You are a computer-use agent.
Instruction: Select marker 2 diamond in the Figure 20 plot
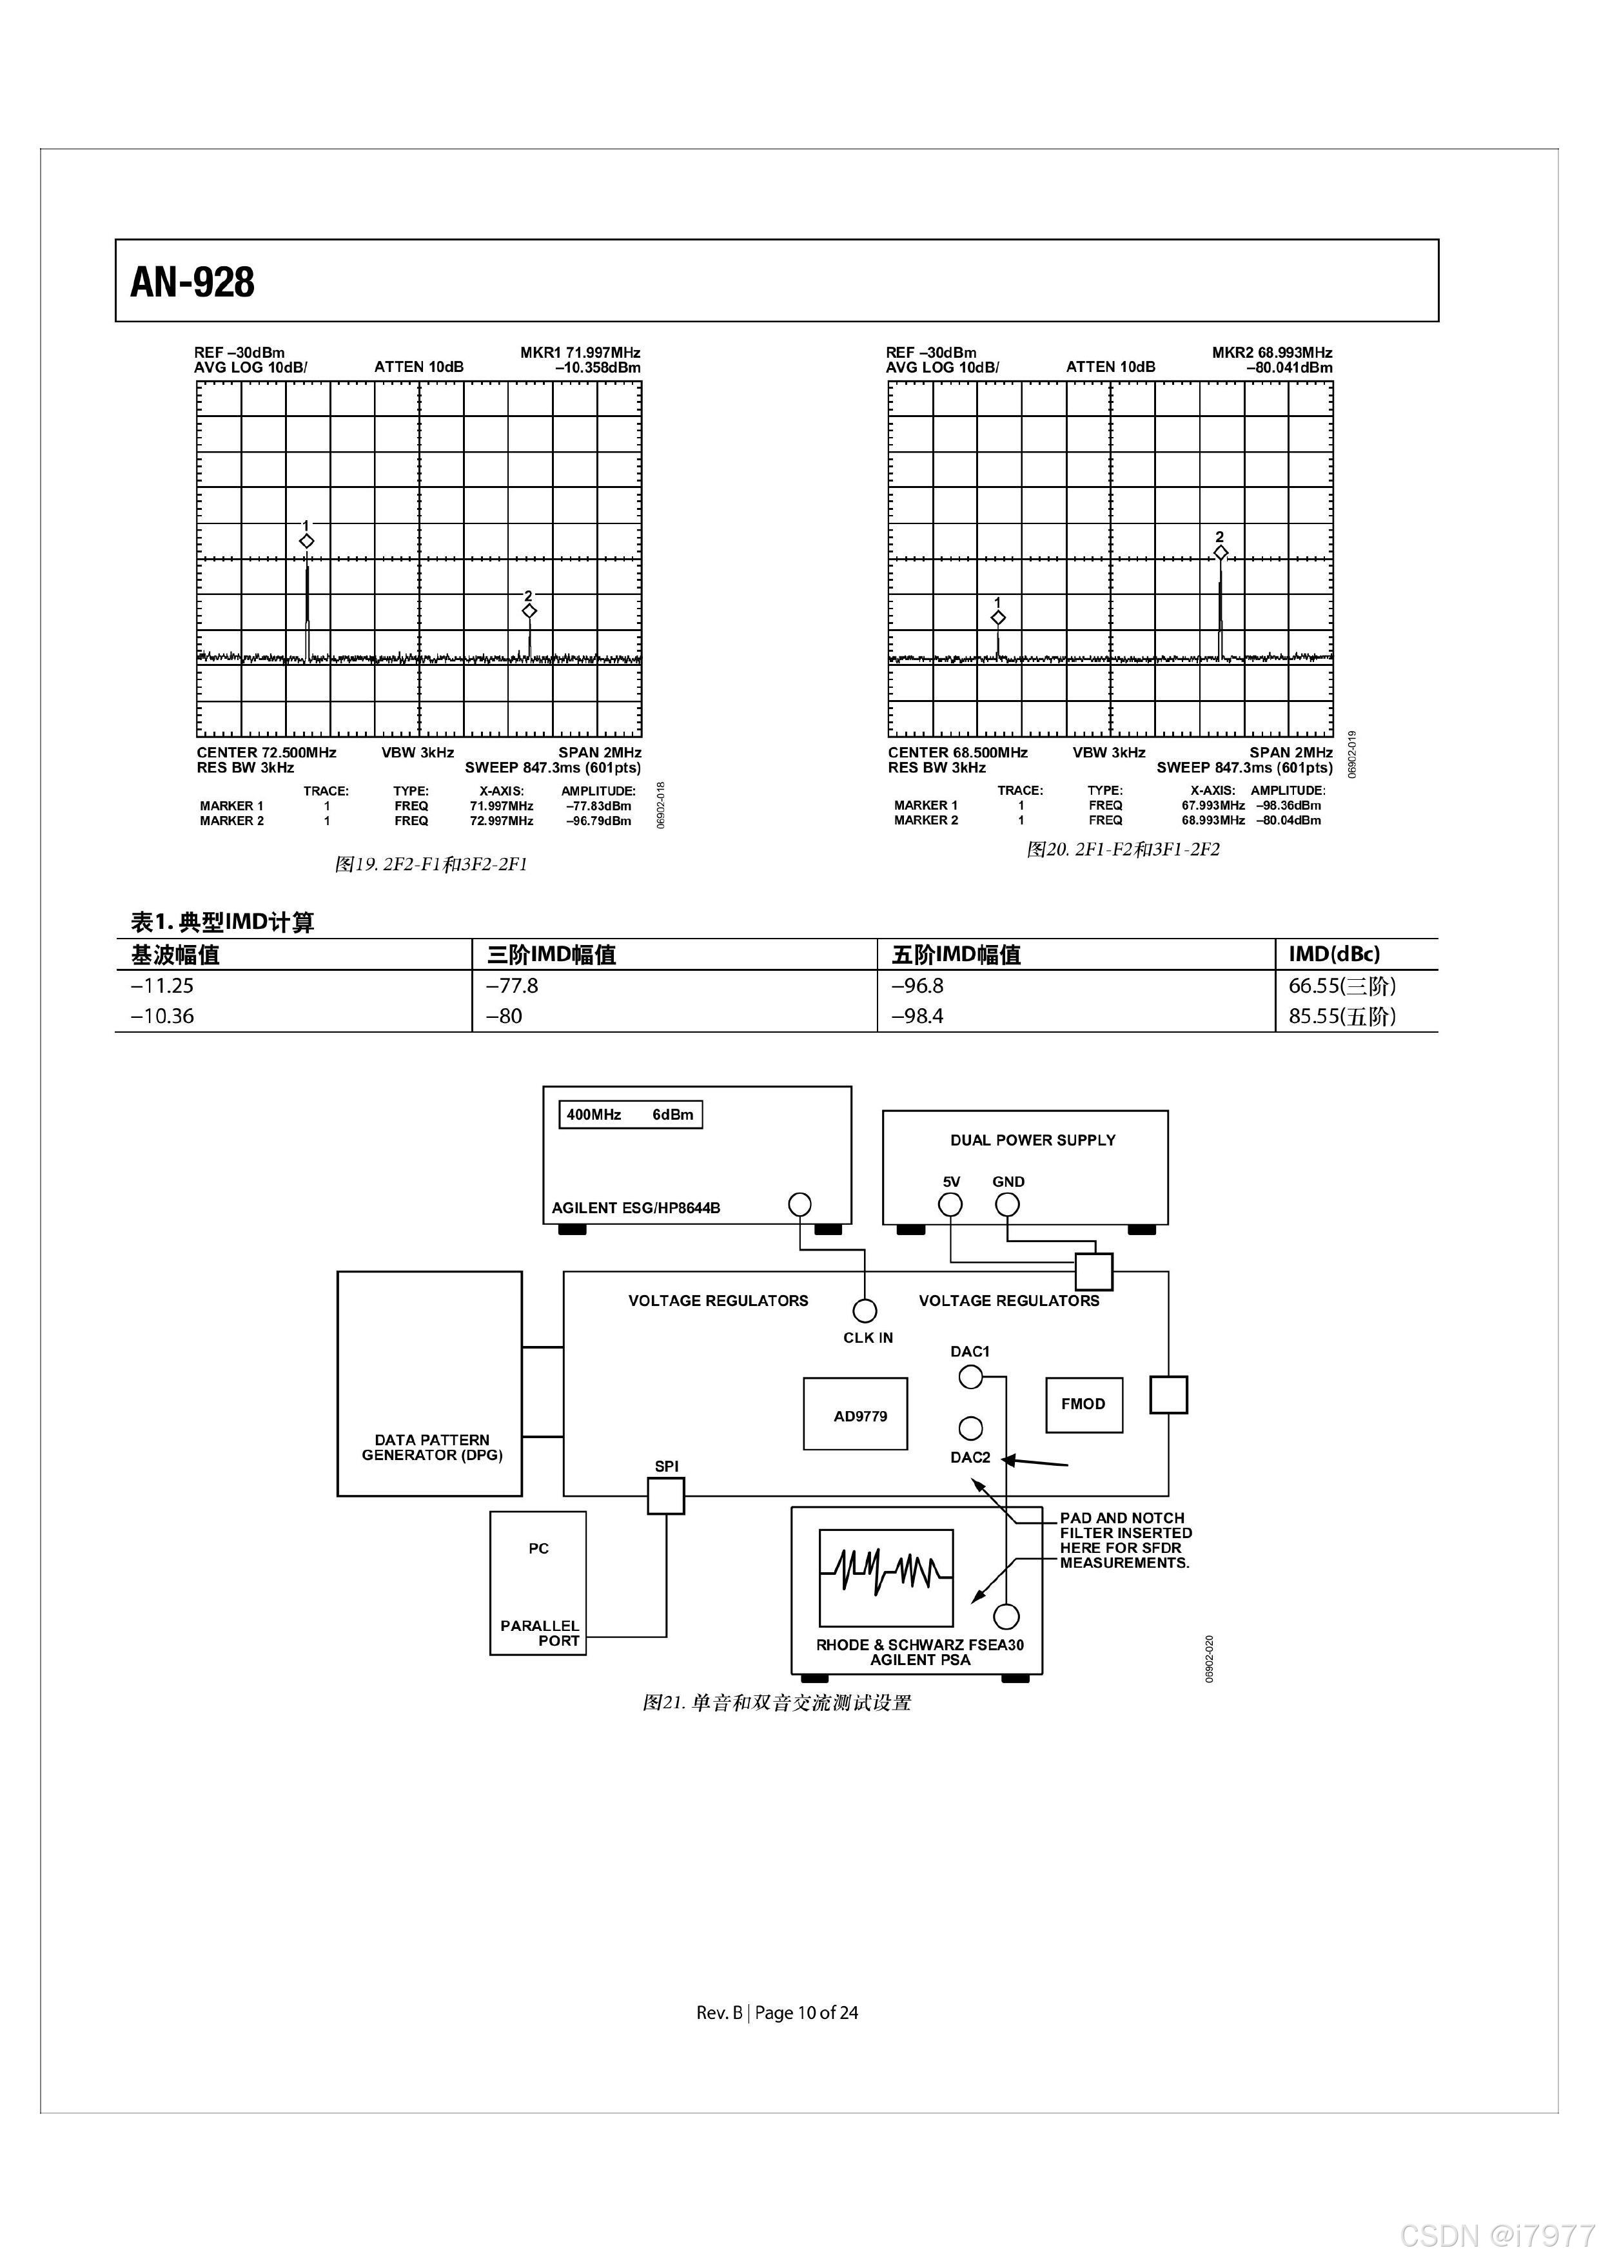pos(1221,552)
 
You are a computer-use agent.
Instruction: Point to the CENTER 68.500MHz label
pos(957,753)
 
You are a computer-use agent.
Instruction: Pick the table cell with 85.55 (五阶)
pos(1342,1017)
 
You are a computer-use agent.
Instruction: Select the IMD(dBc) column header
pos(1334,953)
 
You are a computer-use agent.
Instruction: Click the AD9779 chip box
pos(855,1415)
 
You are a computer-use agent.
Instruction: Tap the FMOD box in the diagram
pos(1084,1405)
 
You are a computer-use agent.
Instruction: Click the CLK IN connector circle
pos(864,1311)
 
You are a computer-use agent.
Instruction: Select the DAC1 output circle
pos(970,1378)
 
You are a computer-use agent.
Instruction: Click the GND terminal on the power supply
pos(1007,1204)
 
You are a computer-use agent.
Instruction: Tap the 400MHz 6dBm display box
pos(631,1115)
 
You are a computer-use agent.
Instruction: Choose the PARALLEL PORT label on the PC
pos(540,1632)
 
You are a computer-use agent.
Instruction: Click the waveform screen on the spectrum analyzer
pos(886,1577)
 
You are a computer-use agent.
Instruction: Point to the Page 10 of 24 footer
pos(806,2013)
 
